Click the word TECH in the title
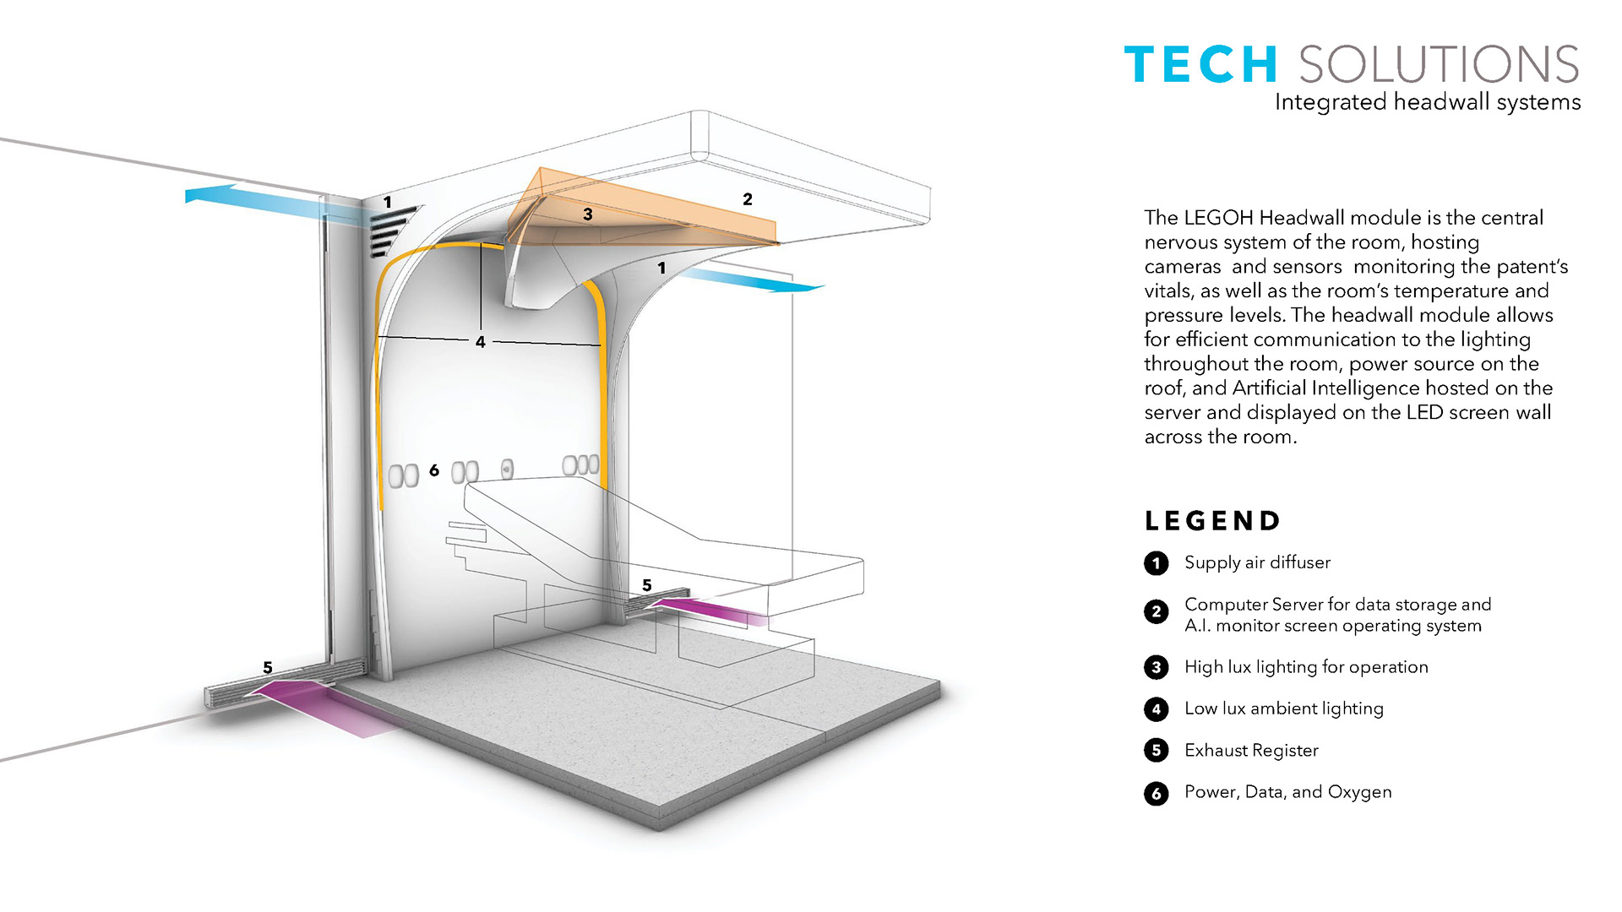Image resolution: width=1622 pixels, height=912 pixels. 1200,65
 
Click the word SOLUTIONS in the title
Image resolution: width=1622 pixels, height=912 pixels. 1439,65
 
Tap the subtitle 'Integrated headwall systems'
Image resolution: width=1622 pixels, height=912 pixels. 1427,102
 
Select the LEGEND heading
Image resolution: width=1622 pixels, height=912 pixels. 1212,521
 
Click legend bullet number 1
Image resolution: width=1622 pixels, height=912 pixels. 1157,563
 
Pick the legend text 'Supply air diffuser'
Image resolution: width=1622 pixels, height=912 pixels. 1257,562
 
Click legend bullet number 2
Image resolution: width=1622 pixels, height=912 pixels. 1157,612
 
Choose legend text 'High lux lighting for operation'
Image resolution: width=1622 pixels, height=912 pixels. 1306,667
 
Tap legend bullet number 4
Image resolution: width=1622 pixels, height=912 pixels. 1157,709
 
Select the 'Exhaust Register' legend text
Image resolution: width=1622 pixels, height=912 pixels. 1251,751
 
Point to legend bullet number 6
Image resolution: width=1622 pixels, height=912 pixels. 1157,794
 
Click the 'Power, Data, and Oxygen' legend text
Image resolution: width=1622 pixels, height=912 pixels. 1287,792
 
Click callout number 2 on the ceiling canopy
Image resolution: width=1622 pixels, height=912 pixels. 747,199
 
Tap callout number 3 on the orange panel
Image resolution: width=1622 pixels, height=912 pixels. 588,214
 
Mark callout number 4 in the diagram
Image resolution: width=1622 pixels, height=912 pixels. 480,342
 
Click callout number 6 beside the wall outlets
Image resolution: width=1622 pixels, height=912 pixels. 434,470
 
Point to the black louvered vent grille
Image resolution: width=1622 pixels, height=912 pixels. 392,230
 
